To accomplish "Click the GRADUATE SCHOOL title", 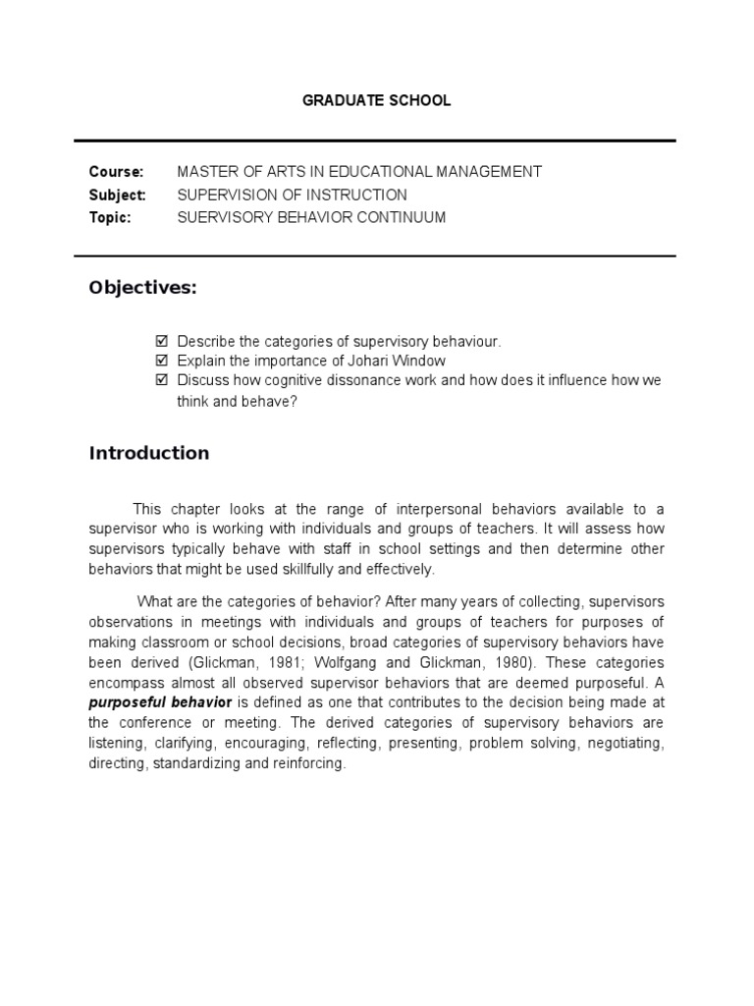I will [376, 101].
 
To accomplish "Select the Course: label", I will [116, 172].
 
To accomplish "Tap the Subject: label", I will [118, 195].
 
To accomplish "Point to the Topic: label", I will [110, 217].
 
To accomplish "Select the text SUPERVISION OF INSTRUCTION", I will [292, 195].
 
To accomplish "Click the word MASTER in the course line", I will [204, 172].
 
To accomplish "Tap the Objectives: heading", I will [142, 287].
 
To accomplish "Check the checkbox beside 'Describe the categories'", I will [162, 341].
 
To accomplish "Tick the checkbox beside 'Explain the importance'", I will [162, 361].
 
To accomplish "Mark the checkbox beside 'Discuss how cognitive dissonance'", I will [162, 380].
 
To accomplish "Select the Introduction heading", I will [149, 453].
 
